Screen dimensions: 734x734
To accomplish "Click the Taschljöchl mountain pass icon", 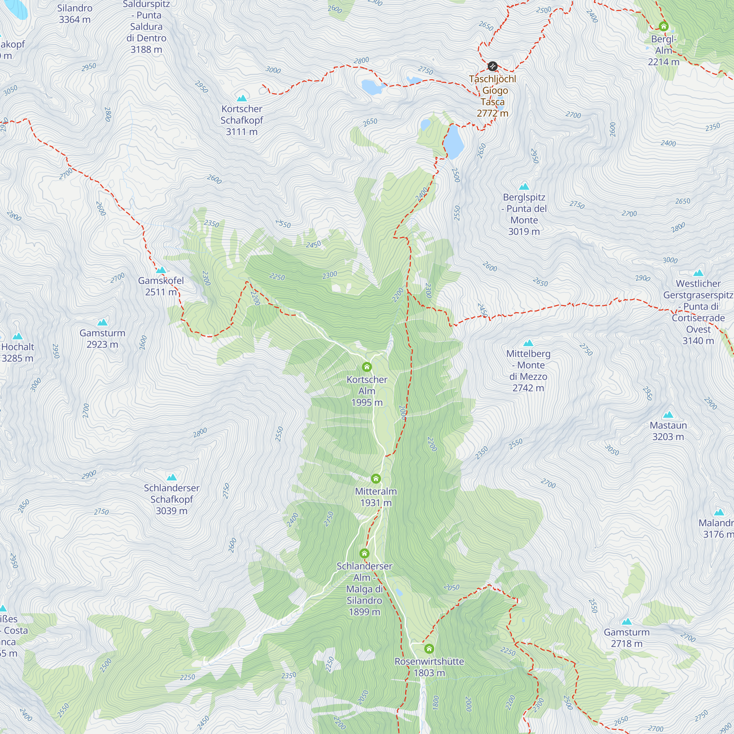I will click(493, 66).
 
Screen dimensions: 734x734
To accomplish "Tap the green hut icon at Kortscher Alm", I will click(367, 367).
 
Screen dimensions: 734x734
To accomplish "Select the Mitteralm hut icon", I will click(376, 478).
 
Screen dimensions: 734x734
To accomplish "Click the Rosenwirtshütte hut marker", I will click(429, 648).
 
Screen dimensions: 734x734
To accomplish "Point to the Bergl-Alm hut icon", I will click(663, 26).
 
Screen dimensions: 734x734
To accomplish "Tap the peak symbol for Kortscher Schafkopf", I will click(241, 98).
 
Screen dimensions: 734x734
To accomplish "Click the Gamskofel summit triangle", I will click(161, 270).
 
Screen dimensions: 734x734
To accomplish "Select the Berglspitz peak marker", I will click(524, 186).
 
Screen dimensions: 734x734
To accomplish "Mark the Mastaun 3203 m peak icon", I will click(668, 414).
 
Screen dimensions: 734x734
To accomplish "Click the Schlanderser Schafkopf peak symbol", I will click(172, 477).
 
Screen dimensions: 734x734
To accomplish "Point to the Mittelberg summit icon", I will click(528, 343).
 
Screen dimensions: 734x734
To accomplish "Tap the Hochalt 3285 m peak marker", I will click(18, 336).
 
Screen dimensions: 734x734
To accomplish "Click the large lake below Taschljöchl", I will click(454, 141).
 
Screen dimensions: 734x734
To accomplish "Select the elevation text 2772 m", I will click(493, 113).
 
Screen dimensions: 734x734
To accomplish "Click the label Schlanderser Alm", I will click(364, 572).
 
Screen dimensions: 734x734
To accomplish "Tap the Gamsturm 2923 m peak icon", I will click(102, 323).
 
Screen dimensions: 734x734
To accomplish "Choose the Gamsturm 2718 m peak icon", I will click(626, 622).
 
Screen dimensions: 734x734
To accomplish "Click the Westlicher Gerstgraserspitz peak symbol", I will click(698, 273).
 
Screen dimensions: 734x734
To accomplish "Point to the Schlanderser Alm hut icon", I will click(364, 553).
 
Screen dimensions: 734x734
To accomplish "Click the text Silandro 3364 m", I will click(75, 14).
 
